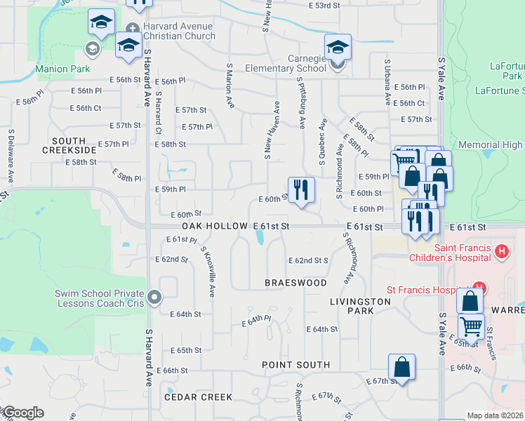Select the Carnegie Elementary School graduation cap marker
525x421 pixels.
pyautogui.click(x=338, y=48)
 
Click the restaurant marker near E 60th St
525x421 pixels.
pyautogui.click(x=302, y=189)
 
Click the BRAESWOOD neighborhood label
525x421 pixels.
pyautogui.click(x=295, y=283)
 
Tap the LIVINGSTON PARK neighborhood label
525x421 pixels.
pyautogui.click(x=360, y=306)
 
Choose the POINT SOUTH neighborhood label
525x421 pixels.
pyautogui.click(x=295, y=365)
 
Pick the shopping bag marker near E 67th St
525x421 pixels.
pyautogui.click(x=401, y=367)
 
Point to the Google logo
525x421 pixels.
pyautogui.click(x=22, y=413)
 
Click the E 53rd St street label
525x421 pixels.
pyautogui.click(x=324, y=5)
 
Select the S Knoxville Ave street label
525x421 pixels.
pyautogui.click(x=208, y=271)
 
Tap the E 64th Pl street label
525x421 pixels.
pyautogui.click(x=255, y=321)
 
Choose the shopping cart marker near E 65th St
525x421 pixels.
pyautogui.click(x=471, y=326)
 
